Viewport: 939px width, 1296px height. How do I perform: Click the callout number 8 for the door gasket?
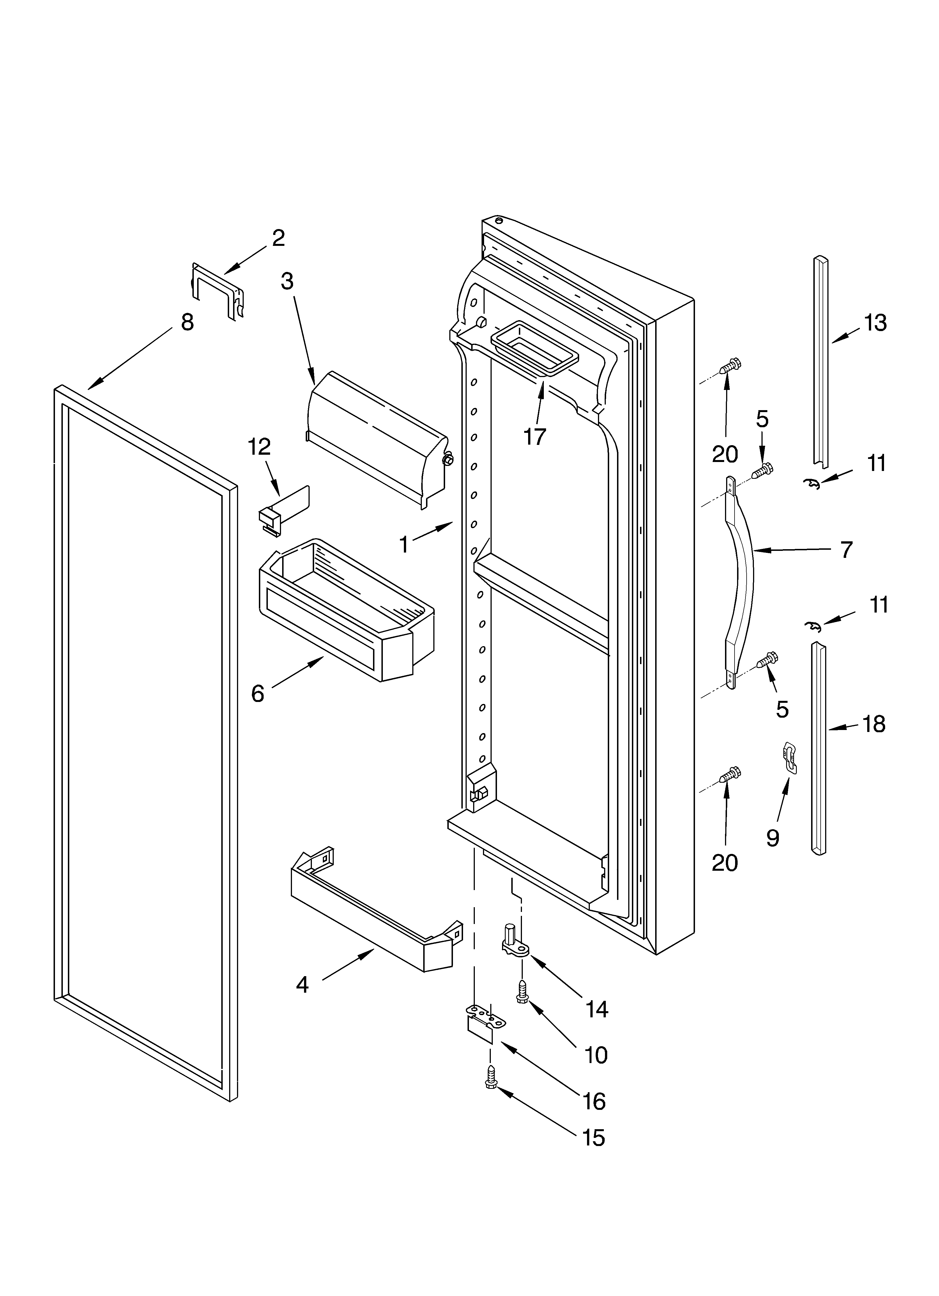(187, 322)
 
